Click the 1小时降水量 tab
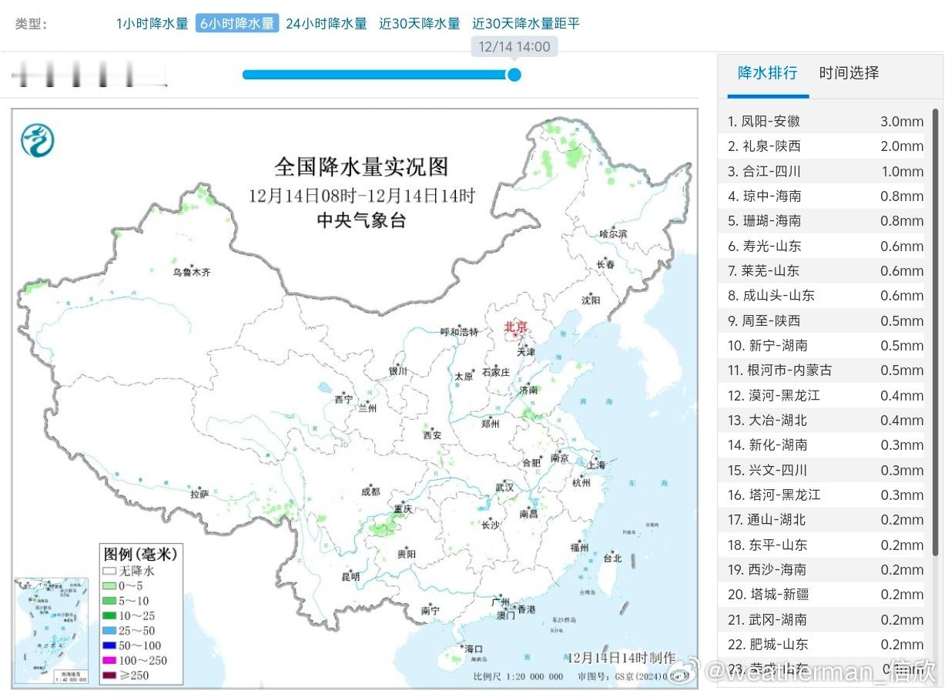pos(152,23)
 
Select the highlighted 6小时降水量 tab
pos(236,23)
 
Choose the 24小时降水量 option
pos(326,23)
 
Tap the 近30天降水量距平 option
pos(525,23)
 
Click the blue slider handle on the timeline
pos(514,75)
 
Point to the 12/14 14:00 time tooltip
pos(514,46)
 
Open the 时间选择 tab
pos(849,73)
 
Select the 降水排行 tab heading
pos(767,73)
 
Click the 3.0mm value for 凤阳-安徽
pos(901,121)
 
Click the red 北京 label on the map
pos(516,327)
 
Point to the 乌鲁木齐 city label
pos(191,272)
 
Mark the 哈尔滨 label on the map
pos(613,233)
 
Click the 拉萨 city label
pos(199,494)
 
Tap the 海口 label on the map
pos(473,648)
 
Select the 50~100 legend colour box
pos(109,645)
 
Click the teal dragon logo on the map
pos(37,140)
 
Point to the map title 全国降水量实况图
pos(360,166)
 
